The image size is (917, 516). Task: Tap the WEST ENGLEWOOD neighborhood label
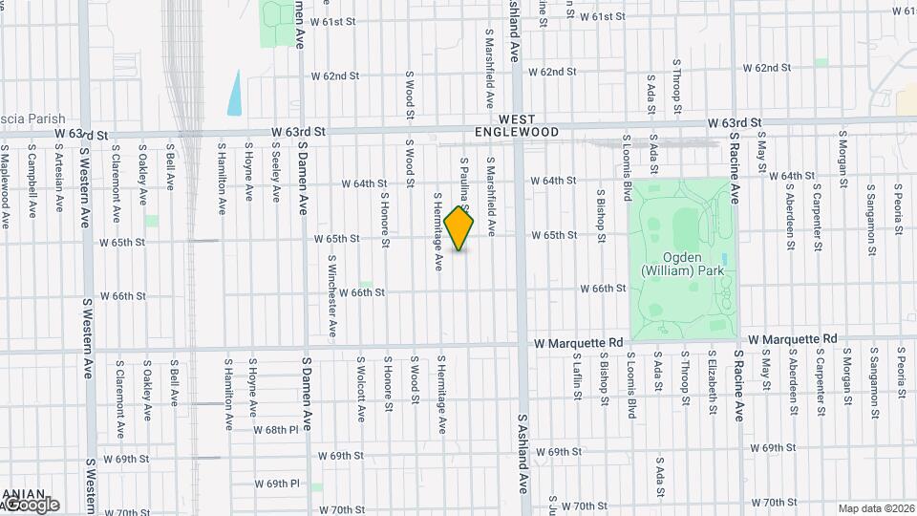[x=517, y=125]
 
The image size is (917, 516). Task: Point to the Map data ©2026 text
[x=876, y=508]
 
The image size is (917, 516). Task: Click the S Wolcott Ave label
[x=361, y=390]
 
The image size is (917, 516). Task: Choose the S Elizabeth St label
[x=713, y=382]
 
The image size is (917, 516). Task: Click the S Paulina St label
[x=463, y=182]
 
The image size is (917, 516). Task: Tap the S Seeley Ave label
[x=275, y=172]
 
